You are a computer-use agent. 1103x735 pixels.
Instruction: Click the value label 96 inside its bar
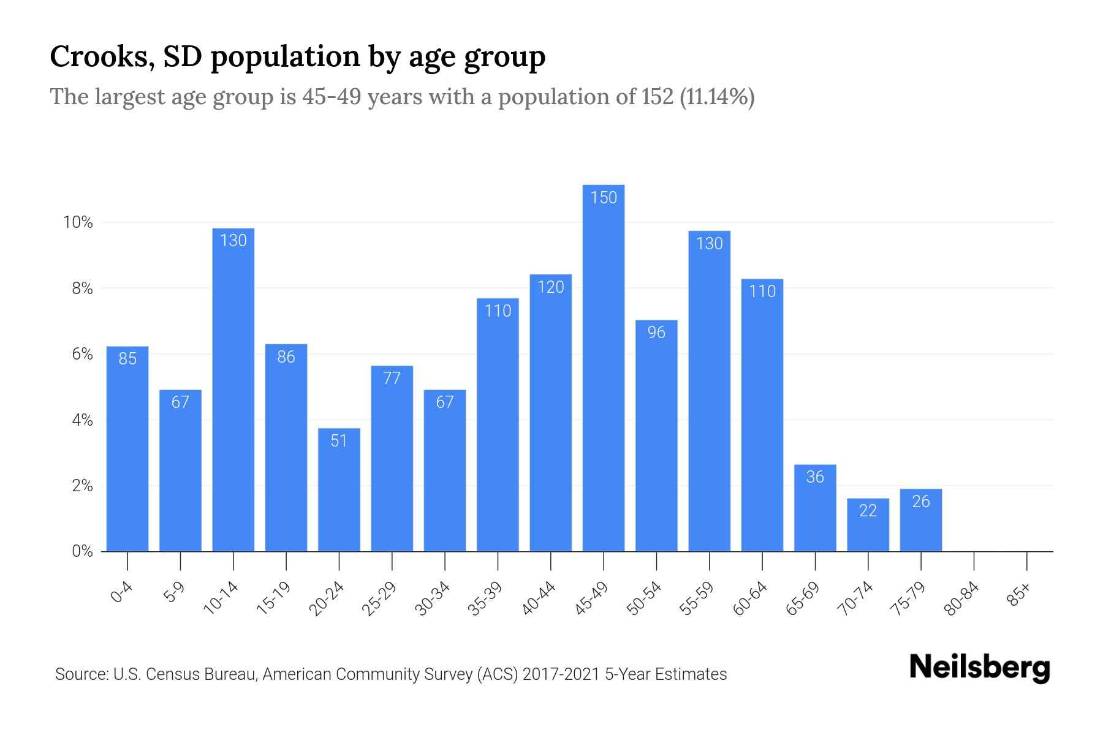coord(656,332)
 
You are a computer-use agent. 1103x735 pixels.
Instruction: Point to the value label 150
coord(604,197)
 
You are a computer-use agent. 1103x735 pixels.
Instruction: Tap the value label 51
coord(339,440)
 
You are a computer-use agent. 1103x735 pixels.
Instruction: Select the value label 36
coord(815,477)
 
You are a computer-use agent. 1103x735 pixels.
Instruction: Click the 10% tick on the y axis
coord(78,222)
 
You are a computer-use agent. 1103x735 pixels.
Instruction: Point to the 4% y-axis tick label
coord(82,420)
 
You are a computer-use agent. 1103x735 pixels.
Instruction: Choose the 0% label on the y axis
coord(82,551)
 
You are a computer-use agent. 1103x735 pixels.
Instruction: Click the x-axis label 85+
coord(1019,595)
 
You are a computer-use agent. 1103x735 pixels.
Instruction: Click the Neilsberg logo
coord(979,668)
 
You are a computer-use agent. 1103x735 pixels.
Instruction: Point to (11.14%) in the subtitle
coord(717,97)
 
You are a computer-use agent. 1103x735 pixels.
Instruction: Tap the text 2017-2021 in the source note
coord(561,674)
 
